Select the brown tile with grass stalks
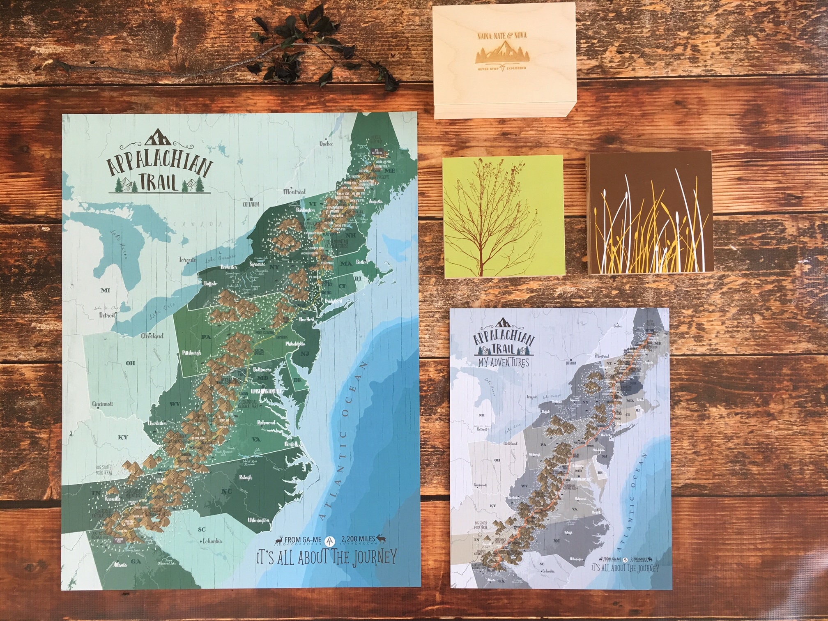tap(650, 213)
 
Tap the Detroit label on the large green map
tap(106, 315)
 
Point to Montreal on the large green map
tap(294, 192)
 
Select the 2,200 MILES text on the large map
tap(356, 539)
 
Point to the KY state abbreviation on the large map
tap(123, 437)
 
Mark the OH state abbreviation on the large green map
tap(130, 363)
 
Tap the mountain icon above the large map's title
tap(158, 138)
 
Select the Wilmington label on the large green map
tap(258, 520)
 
